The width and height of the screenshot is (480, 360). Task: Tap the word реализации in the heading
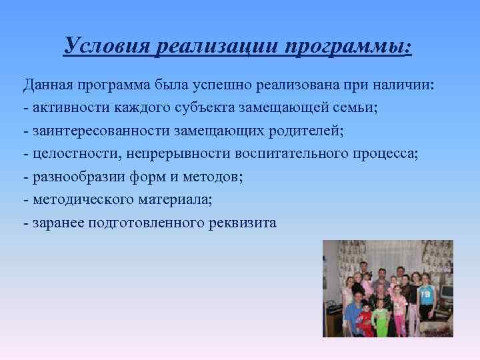pos(216,46)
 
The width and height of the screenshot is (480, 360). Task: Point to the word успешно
pos(215,86)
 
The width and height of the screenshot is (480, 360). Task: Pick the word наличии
pos(406,86)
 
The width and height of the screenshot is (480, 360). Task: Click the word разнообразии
pos(73,177)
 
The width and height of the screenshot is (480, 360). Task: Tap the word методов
pos(213,177)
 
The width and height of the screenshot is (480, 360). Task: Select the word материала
pos(181,199)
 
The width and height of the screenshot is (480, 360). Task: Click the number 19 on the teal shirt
pos(427,293)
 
